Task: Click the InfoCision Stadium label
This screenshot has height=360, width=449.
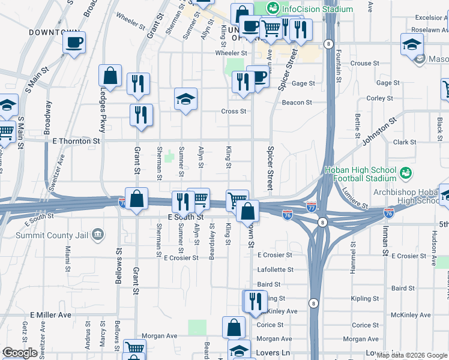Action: click(318, 10)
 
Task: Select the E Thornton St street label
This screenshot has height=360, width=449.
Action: click(76, 141)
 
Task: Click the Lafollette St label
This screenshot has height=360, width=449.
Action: click(275, 270)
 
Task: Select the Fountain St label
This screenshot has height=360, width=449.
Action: click(339, 65)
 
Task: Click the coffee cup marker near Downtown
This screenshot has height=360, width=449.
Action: click(74, 43)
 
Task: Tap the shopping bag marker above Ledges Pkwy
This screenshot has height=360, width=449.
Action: click(110, 76)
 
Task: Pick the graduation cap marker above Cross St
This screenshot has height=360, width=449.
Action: click(186, 98)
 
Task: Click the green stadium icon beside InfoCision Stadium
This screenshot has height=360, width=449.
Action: click(273, 8)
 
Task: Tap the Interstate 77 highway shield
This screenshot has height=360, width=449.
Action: click(311, 206)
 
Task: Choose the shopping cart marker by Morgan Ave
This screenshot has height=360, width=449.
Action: click(134, 349)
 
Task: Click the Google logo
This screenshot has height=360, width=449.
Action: click(20, 353)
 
